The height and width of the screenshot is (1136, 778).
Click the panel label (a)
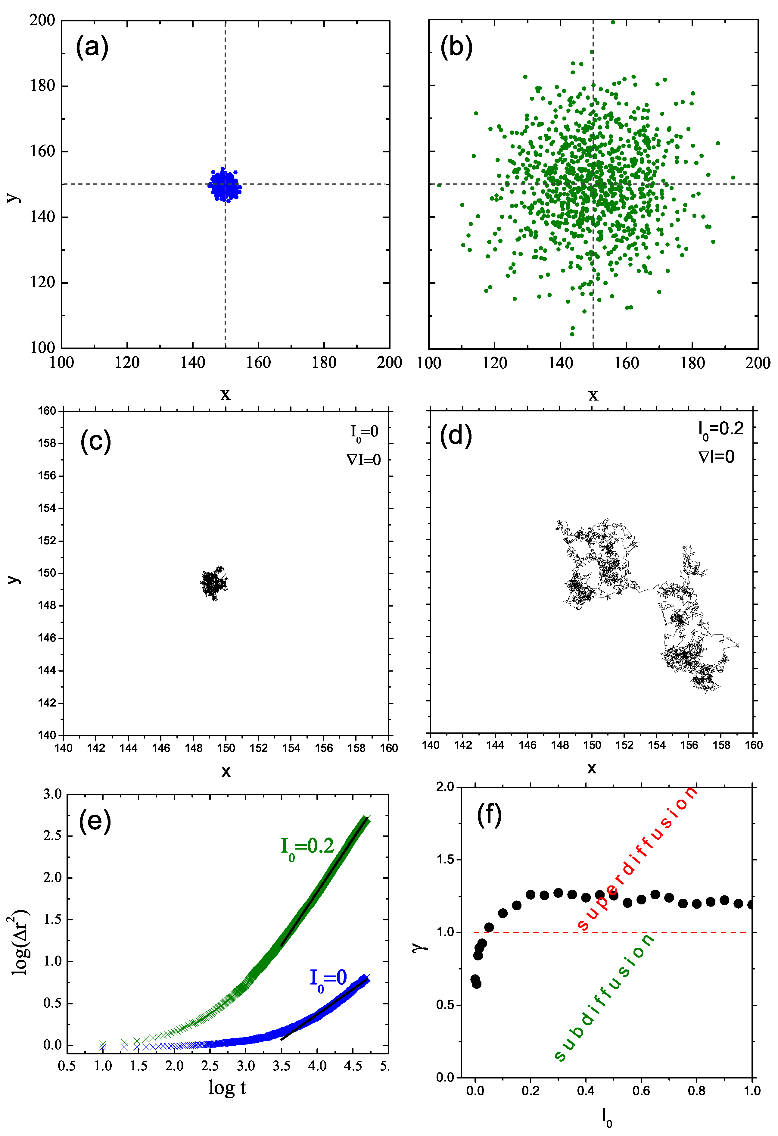[92, 47]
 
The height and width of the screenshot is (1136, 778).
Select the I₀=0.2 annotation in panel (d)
[720, 430]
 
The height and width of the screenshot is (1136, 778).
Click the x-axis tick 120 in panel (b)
[495, 363]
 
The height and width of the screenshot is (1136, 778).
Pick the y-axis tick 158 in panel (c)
[47, 443]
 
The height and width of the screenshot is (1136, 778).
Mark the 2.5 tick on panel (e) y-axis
[52, 835]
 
